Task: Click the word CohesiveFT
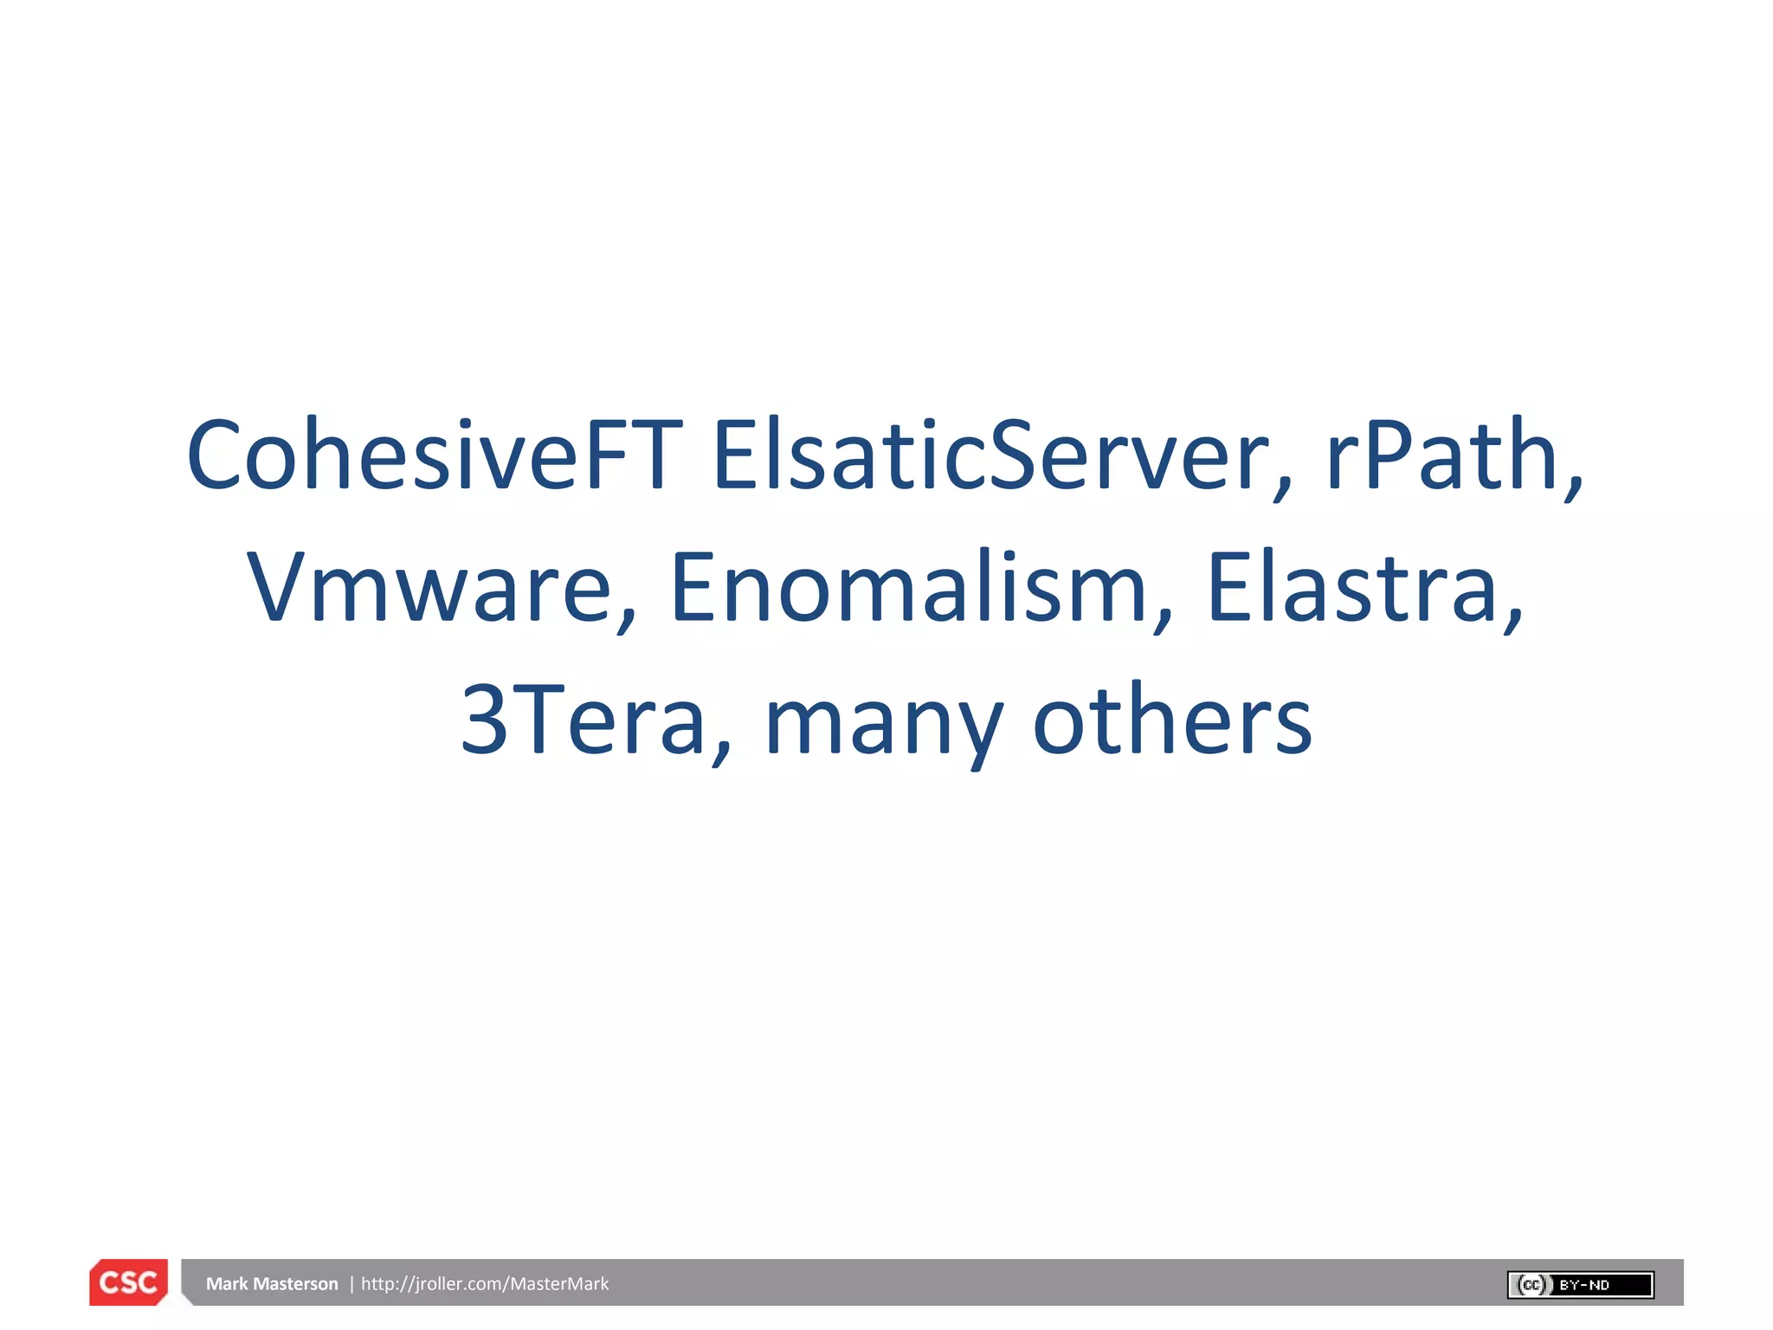coord(434,455)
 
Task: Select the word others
coord(1173,720)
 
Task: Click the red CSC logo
coord(128,1282)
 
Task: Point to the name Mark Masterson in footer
coord(272,1284)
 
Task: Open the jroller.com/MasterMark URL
coord(485,1284)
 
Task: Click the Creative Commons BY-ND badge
coord(1580,1285)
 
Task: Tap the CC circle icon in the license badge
coord(1531,1285)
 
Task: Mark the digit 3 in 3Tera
coord(484,720)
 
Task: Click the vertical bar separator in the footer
coord(351,1284)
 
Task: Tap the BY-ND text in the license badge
coord(1584,1285)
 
